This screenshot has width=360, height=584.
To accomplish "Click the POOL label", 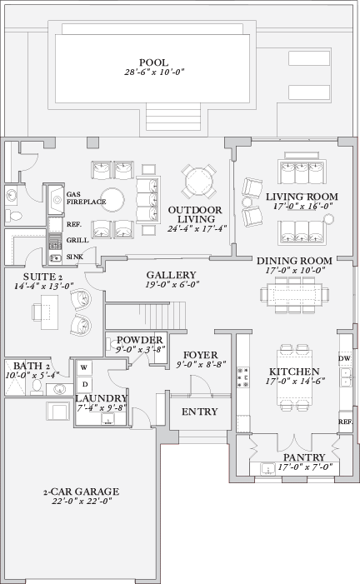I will [x=154, y=62].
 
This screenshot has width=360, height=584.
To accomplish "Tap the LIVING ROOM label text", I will [x=302, y=196].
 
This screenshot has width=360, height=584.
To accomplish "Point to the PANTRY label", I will [x=297, y=457].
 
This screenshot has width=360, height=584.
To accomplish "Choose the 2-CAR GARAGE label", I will [x=82, y=491].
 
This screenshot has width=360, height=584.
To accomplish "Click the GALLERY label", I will [x=171, y=275].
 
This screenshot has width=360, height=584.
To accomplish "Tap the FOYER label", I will [x=200, y=355].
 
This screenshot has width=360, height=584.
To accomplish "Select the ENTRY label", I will [x=199, y=412].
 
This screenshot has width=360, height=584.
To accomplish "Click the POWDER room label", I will [x=139, y=340].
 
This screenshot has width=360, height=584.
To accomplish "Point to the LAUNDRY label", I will [x=99, y=399].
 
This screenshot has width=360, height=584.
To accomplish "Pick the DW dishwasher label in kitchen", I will [x=345, y=359].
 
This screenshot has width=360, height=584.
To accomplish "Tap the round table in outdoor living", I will [x=199, y=181].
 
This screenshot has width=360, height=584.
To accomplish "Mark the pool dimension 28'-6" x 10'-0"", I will [x=154, y=72].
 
